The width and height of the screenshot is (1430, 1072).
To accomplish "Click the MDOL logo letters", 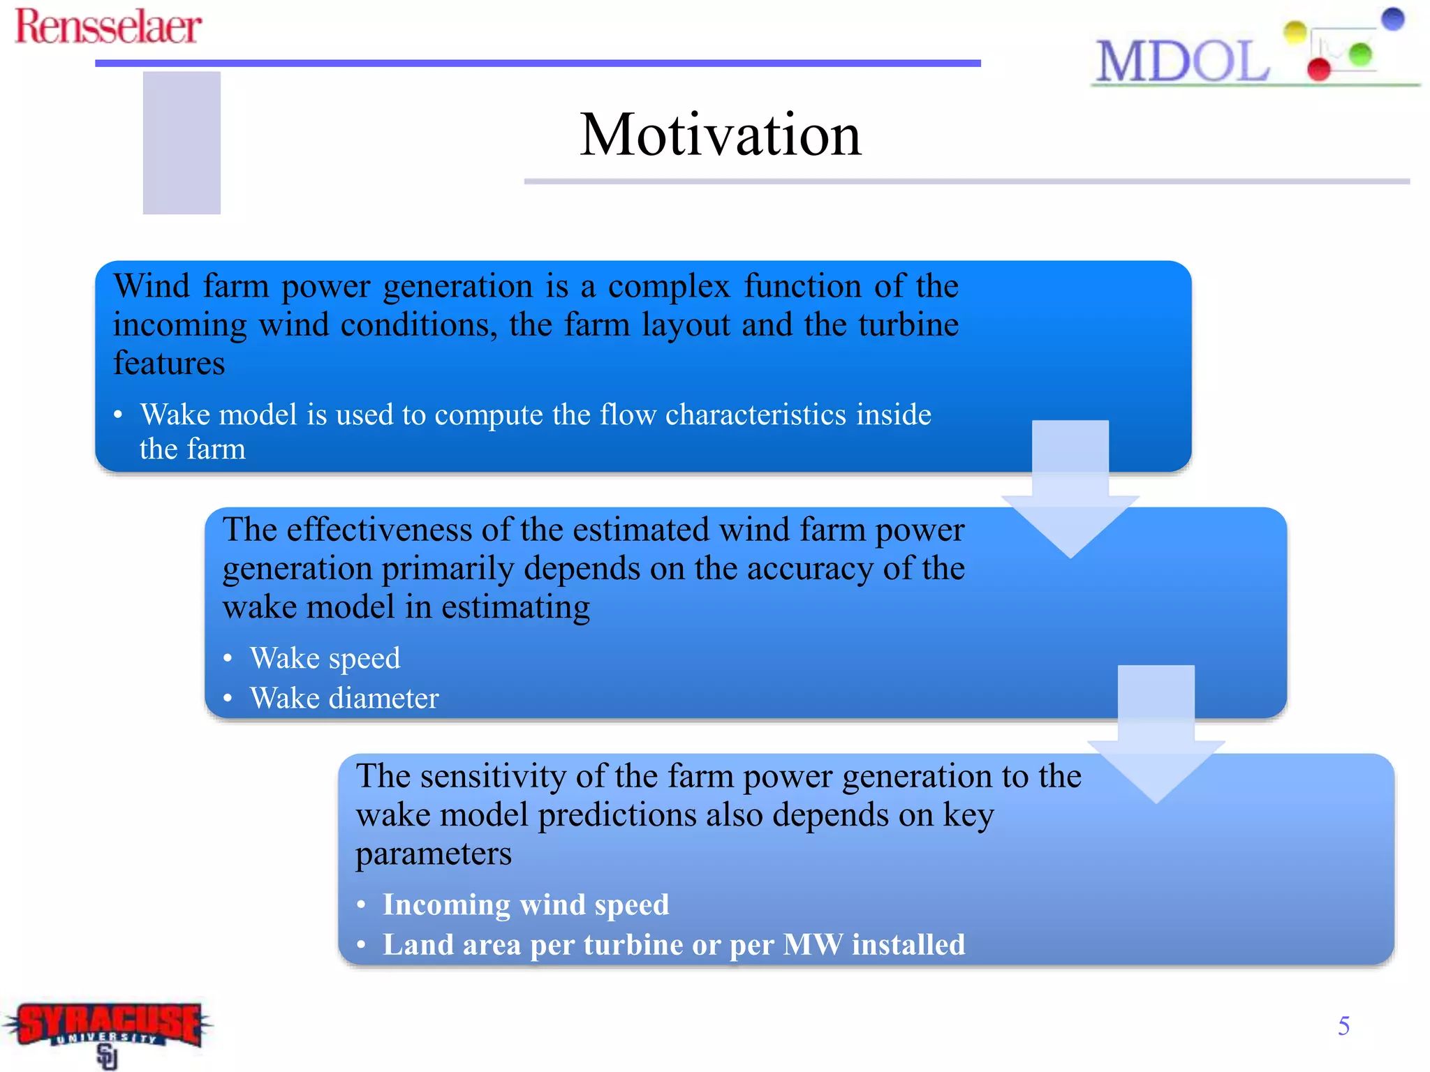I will tap(1182, 62).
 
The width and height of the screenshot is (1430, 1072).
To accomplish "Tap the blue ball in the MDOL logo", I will tap(1392, 19).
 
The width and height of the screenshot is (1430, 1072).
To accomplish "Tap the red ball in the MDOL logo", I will tap(1318, 69).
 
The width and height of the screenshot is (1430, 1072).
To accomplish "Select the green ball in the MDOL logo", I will tap(1359, 54).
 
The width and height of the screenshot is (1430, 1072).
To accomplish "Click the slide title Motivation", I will tap(720, 135).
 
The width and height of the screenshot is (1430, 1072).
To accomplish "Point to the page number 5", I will tap(1343, 1025).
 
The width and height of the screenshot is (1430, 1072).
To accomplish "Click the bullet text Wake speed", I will tap(325, 658).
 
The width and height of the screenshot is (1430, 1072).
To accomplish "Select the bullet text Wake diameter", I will tap(344, 699).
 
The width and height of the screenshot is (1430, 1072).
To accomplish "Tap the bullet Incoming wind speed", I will tap(525, 904).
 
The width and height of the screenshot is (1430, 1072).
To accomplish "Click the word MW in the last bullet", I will tap(812, 945).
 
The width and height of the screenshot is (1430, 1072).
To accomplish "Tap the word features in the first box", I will tap(169, 364).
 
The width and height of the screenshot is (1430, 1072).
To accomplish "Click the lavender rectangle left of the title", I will tap(182, 142).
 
